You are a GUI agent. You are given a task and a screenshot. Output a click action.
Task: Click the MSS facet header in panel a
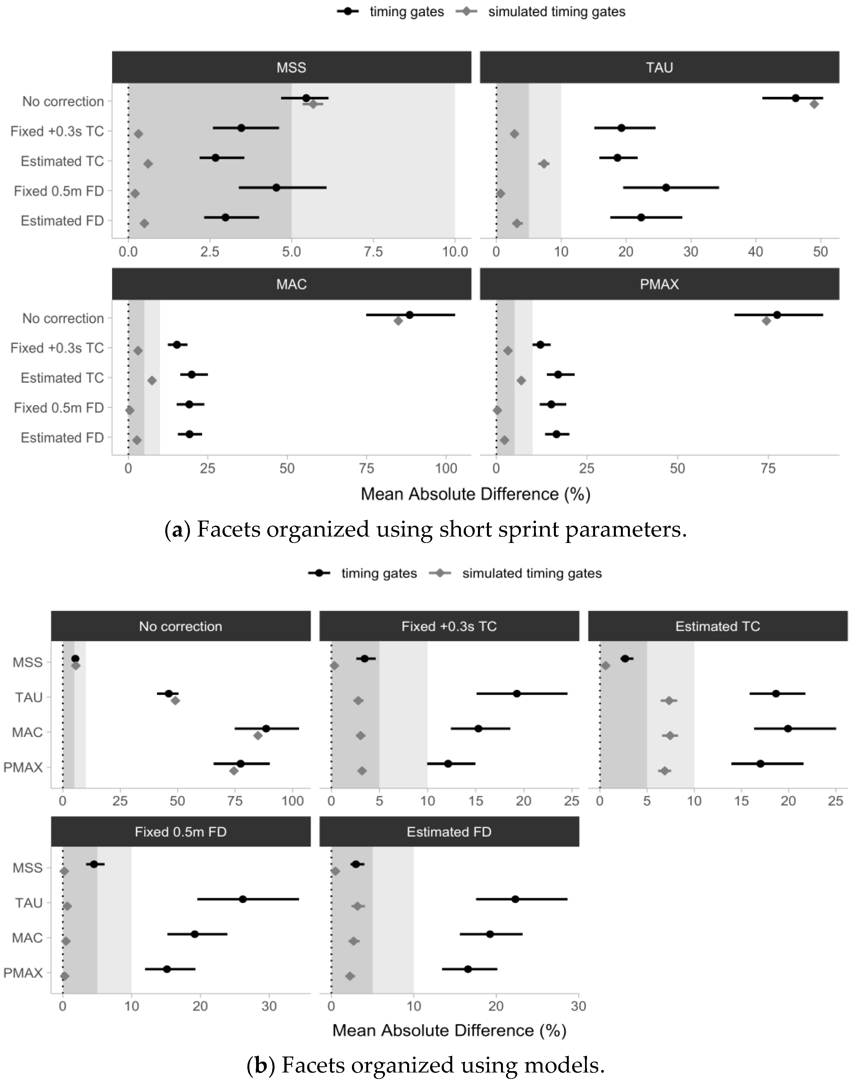tap(291, 67)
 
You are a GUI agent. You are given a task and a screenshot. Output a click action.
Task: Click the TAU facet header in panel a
tap(659, 67)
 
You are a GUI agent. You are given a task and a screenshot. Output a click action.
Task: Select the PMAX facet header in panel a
tap(659, 284)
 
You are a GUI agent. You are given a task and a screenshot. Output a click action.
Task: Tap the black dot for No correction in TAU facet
tap(795, 98)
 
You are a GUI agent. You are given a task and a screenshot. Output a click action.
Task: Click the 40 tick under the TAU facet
tap(755, 252)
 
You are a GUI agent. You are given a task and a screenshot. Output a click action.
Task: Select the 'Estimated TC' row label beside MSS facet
tap(62, 161)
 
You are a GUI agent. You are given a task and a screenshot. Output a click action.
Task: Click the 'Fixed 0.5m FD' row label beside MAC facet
tap(59, 407)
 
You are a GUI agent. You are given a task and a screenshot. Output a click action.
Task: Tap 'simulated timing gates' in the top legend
tap(556, 11)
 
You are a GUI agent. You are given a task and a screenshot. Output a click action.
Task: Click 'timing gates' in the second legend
tap(379, 573)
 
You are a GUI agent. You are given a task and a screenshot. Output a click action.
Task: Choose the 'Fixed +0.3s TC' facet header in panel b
tap(449, 626)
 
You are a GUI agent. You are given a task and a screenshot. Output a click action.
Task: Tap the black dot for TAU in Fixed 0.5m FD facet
tap(243, 899)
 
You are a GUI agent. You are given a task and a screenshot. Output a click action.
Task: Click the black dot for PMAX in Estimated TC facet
tap(760, 764)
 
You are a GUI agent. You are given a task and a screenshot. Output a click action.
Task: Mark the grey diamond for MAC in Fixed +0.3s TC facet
tap(360, 736)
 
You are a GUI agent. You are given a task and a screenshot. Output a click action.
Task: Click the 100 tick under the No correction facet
tap(292, 801)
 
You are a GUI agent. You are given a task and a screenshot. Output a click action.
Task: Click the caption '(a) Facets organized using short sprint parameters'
tap(426, 529)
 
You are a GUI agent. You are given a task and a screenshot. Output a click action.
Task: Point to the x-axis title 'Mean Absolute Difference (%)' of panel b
tap(449, 1030)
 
